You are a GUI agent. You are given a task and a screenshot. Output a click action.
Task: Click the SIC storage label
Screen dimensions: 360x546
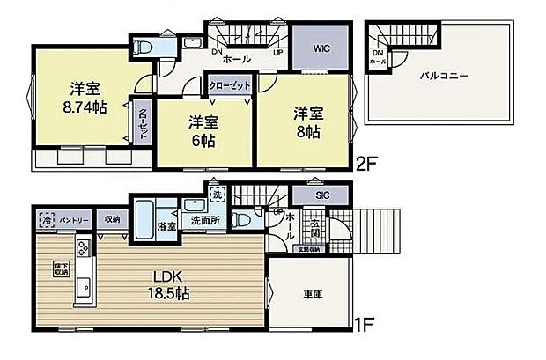pyautogui.click(x=322, y=195)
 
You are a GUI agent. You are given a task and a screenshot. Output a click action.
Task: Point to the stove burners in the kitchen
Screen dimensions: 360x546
pyautogui.click(x=82, y=249)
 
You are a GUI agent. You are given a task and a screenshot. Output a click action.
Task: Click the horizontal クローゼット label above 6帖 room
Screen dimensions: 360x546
pyautogui.click(x=229, y=84)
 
